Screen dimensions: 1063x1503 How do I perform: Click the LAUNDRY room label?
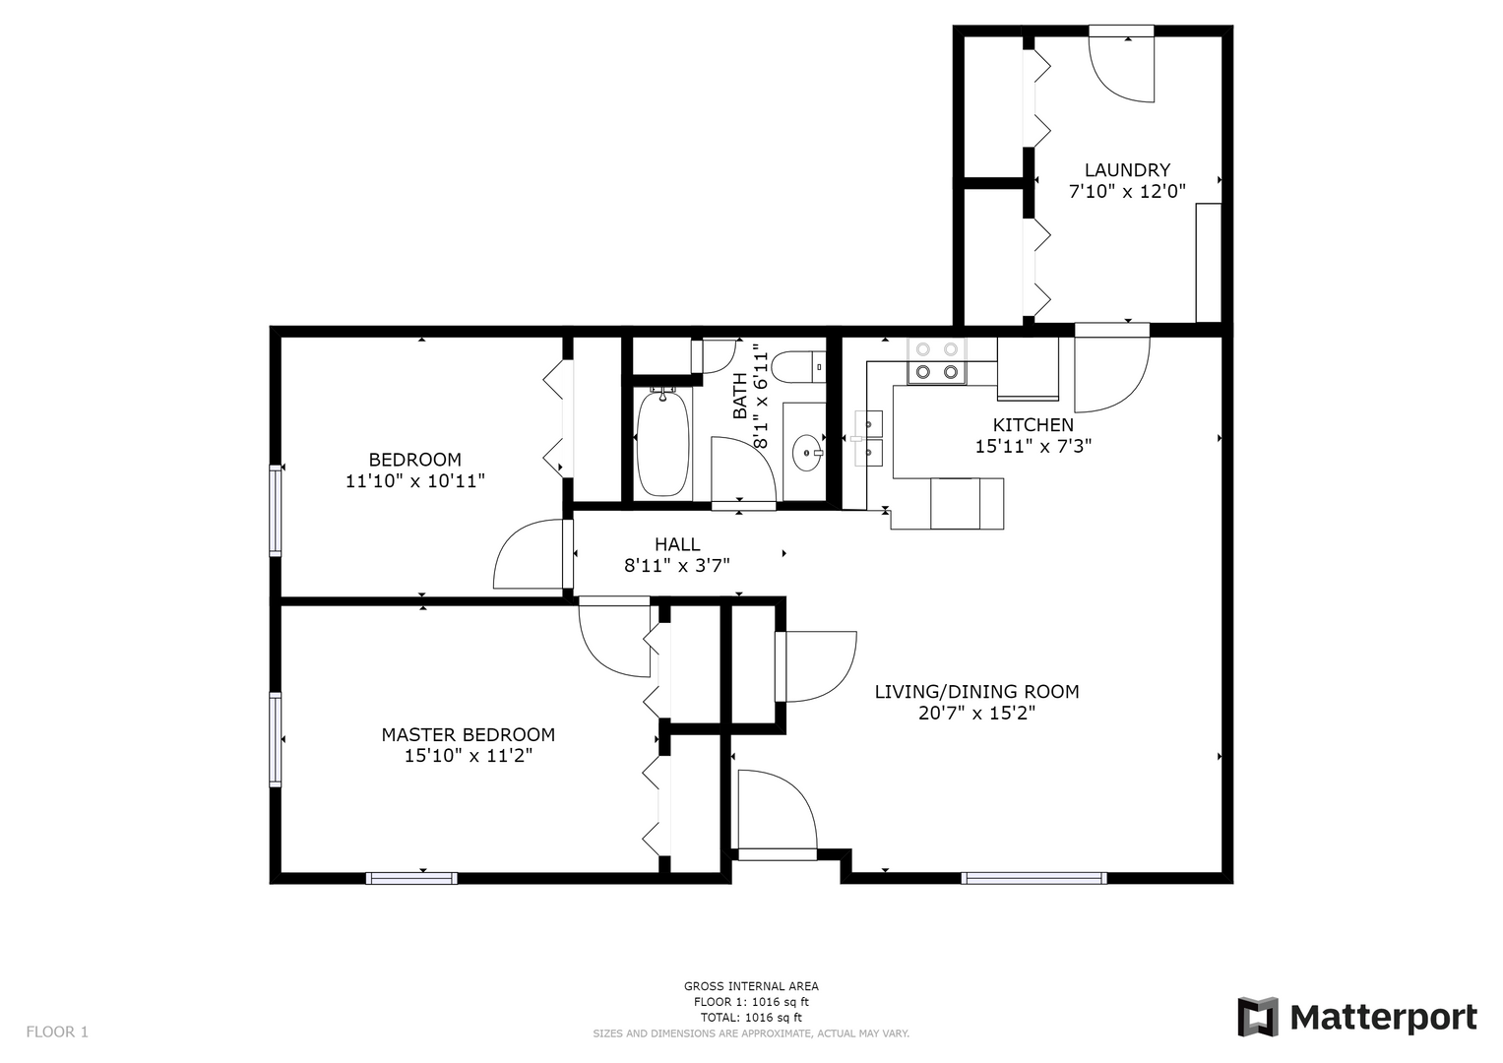pos(1127,170)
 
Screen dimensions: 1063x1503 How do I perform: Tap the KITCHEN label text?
pos(1033,425)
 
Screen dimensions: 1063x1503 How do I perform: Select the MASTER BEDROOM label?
pos(468,735)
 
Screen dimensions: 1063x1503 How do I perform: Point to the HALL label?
pos(677,544)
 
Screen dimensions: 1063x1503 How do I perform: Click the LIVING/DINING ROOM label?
pos(976,692)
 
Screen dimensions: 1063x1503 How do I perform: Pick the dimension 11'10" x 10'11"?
pos(414,481)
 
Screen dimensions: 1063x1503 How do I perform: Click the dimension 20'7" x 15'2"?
pos(976,714)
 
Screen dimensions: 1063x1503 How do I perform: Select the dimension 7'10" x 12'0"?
pos(1127,192)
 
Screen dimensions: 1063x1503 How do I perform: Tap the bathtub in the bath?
pos(662,444)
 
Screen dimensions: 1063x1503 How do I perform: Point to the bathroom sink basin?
pos(807,453)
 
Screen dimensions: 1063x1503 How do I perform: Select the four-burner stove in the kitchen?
pos(936,360)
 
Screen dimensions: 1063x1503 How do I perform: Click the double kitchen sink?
pos(869,438)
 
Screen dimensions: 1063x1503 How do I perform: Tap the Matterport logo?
pos(1357,1017)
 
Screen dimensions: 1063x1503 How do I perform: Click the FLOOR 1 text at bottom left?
pos(57,1032)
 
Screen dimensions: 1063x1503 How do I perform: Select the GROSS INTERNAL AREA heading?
pos(751,986)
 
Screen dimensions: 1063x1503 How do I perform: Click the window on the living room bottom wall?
pos(1033,878)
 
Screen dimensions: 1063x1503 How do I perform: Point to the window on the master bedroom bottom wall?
pos(411,878)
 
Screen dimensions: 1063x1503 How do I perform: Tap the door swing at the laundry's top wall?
pos(1122,67)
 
